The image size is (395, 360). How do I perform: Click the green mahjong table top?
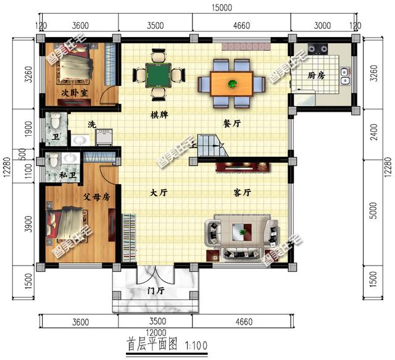tap(159, 75)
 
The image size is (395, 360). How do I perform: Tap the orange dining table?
tap(231, 84)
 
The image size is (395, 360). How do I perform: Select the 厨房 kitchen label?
tap(317, 75)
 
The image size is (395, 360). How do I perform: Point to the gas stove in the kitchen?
tap(318, 49)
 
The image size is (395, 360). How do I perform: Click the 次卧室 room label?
tap(75, 93)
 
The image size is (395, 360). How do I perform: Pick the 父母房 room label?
tap(97, 197)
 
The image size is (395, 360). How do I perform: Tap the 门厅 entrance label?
tap(156, 291)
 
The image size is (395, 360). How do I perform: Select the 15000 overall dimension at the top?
tap(222, 7)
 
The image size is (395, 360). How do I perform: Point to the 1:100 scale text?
tap(196, 345)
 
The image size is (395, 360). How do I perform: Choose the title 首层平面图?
tap(152, 344)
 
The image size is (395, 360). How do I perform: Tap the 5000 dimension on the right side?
tap(375, 210)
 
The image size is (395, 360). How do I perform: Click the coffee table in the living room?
tap(242, 231)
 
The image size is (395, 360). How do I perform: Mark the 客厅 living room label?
tap(243, 193)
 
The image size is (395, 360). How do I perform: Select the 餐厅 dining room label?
tap(232, 123)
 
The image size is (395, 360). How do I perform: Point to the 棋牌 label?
tap(159, 115)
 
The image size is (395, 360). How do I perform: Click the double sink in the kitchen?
tap(344, 76)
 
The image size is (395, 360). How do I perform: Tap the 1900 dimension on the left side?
tap(28, 129)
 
